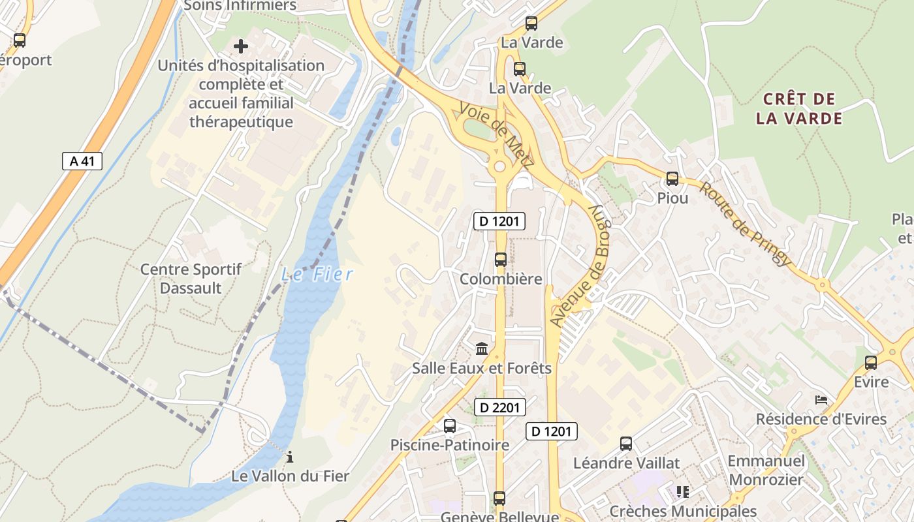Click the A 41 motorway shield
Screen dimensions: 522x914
point(82,161)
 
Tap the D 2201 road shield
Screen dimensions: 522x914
point(499,408)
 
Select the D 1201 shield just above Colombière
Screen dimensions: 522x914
point(499,221)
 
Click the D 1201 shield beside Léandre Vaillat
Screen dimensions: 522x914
point(552,431)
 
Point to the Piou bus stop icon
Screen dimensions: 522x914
point(672,178)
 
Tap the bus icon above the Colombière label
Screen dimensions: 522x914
point(501,259)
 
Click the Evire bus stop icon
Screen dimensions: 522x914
point(871,362)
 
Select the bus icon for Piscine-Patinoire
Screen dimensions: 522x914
point(450,425)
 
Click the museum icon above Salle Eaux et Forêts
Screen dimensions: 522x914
point(482,348)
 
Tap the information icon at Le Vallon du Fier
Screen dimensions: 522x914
point(290,457)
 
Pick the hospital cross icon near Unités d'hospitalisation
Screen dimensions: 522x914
point(241,46)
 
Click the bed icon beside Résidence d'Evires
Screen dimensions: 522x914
point(821,399)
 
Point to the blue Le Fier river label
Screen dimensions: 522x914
point(317,274)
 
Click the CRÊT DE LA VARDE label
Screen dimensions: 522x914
point(799,109)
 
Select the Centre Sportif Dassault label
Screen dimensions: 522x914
point(191,279)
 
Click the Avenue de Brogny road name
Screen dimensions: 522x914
point(580,265)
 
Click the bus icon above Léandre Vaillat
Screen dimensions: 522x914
point(626,444)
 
